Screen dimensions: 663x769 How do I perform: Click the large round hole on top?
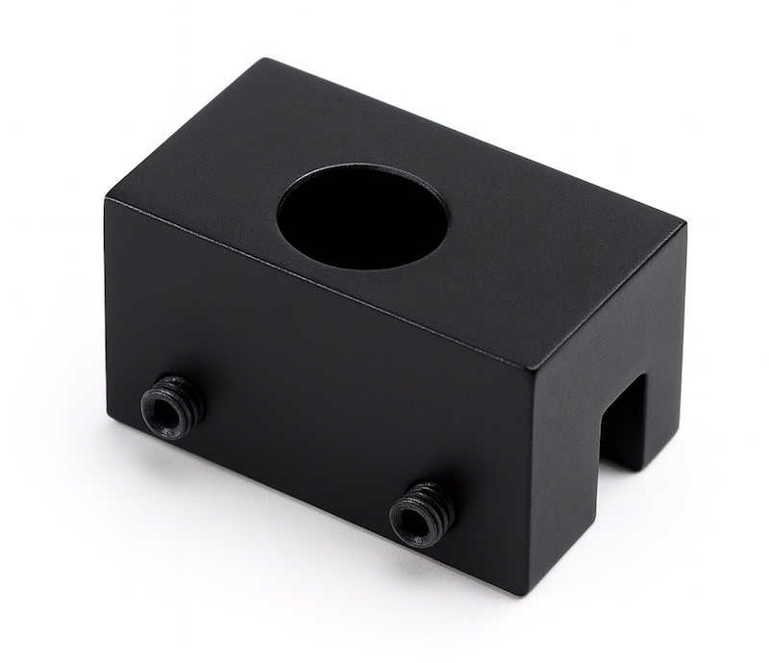click(x=361, y=217)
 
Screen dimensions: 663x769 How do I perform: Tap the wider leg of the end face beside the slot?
click(x=567, y=472)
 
